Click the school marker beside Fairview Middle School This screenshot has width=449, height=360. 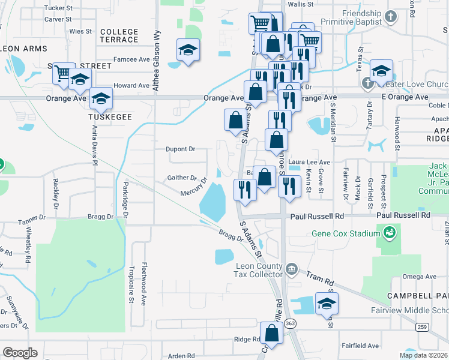click(x=327, y=304)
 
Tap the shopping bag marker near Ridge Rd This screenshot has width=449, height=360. click(x=272, y=334)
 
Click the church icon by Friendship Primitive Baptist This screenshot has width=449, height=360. click(x=390, y=17)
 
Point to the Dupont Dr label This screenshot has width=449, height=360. click(x=181, y=149)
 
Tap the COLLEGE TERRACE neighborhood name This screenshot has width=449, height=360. click(x=119, y=35)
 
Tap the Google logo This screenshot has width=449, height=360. click(x=20, y=353)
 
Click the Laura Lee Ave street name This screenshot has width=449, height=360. click(x=309, y=162)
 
